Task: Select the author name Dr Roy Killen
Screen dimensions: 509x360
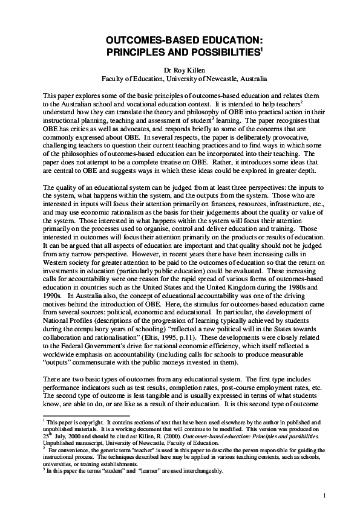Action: click(180, 70)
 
